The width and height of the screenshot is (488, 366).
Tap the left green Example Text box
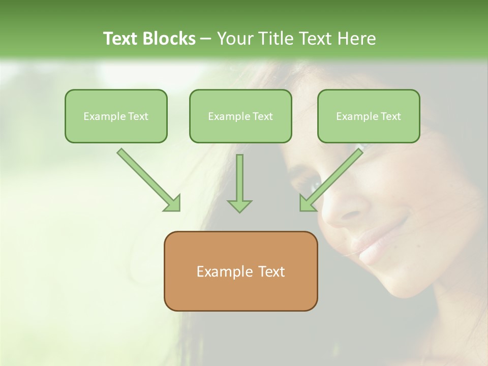(x=116, y=116)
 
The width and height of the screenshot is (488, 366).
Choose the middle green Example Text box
(x=240, y=116)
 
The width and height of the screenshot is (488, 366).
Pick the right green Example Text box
(x=369, y=116)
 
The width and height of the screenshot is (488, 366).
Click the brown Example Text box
(x=240, y=271)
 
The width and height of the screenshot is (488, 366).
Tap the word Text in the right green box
(x=390, y=116)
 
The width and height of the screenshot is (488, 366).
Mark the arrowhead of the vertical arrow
(x=239, y=205)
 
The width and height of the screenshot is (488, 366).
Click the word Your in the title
(x=233, y=39)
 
